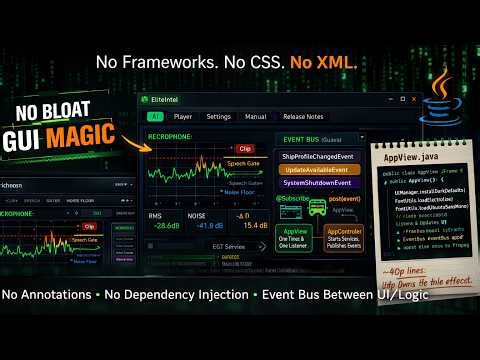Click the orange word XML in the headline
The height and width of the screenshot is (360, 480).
pos(337,62)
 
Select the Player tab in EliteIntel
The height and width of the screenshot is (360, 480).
pos(183,117)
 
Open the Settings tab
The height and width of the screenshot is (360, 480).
pos(218,117)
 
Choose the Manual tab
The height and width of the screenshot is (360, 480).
pos(255,117)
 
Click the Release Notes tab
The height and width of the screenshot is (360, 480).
pos(302,117)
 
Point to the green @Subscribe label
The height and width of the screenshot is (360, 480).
pos(293,199)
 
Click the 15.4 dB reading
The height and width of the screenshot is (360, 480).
pos(255,226)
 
